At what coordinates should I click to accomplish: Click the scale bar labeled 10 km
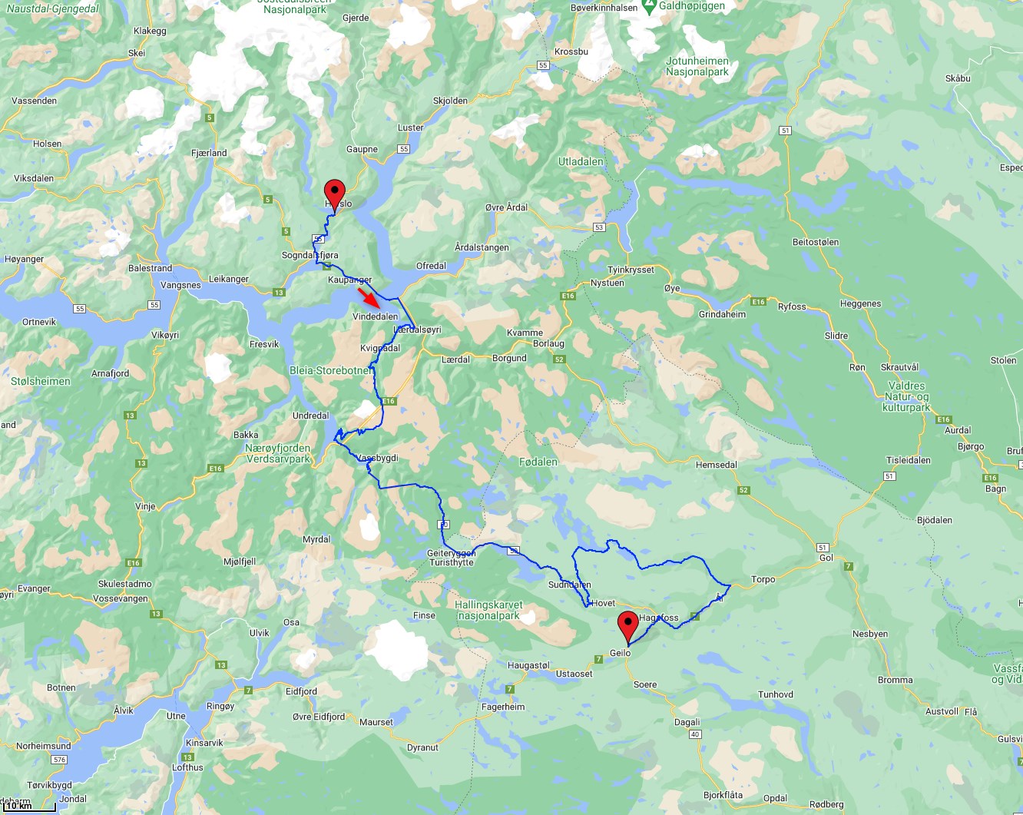tap(28, 807)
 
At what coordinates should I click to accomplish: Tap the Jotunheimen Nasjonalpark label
tap(697, 66)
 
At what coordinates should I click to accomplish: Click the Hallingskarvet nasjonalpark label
tap(488, 610)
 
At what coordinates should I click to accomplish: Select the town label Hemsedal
tap(716, 465)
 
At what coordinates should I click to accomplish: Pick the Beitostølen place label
tap(816, 242)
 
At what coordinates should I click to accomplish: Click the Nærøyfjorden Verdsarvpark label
tap(278, 453)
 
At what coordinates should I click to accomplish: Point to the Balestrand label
tap(150, 268)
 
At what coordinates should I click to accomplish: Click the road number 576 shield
tap(59, 760)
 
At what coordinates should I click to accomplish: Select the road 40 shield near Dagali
tap(695, 734)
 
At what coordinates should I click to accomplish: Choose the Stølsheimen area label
tap(40, 381)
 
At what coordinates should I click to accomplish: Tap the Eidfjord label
tap(301, 691)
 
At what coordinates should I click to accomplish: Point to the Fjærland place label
tap(209, 153)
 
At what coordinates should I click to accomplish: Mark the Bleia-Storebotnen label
tap(331, 370)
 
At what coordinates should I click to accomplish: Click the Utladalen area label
tap(581, 161)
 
